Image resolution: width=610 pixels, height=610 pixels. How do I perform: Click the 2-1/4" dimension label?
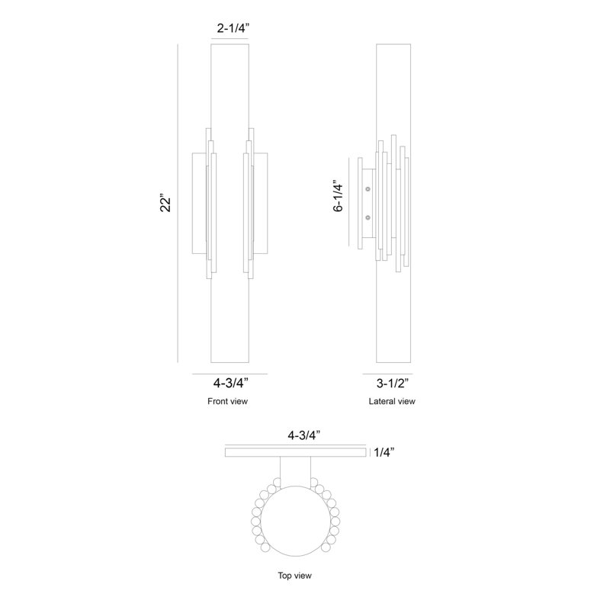(x=233, y=28)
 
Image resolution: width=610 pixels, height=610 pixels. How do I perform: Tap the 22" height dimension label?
(x=165, y=202)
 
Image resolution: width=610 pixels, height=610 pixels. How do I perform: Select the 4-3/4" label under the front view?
(x=231, y=384)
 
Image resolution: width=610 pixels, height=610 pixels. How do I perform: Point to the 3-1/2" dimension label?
(x=393, y=384)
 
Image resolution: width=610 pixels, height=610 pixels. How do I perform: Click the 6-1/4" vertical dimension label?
(x=339, y=196)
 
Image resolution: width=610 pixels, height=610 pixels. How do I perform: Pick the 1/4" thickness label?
(x=384, y=452)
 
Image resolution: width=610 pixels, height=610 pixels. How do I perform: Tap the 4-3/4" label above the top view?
(x=303, y=435)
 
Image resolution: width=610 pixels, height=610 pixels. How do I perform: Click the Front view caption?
(x=227, y=401)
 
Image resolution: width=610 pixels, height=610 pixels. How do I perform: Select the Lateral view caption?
(x=392, y=401)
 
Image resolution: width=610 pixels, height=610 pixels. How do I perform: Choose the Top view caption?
(x=294, y=576)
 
